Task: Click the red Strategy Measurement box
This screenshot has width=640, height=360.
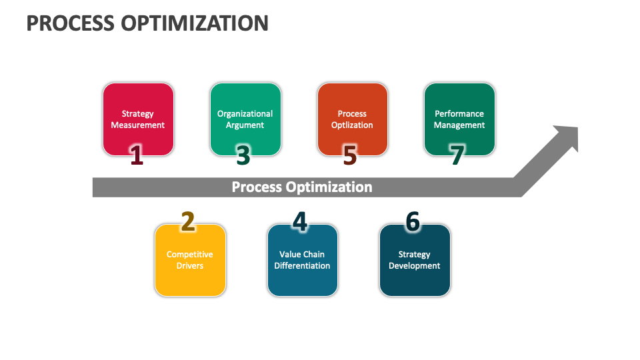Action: click(x=139, y=119)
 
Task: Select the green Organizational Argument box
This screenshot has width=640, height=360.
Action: click(x=246, y=119)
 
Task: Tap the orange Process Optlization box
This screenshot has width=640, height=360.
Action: click(x=353, y=119)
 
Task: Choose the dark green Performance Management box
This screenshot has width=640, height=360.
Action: click(x=459, y=119)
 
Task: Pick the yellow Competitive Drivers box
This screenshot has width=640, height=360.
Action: click(x=190, y=260)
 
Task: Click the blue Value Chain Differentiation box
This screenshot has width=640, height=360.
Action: click(x=303, y=260)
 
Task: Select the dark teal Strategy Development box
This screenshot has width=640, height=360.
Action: click(x=415, y=260)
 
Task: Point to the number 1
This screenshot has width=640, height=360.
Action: click(x=137, y=155)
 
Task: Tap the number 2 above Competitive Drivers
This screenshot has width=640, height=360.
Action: click(x=188, y=221)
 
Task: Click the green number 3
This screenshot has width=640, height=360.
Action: click(x=243, y=155)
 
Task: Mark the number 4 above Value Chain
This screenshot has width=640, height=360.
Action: click(x=300, y=221)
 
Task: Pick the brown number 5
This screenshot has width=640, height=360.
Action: click(x=350, y=155)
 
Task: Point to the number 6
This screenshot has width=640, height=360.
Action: click(x=413, y=221)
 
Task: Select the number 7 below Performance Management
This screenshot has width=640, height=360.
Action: click(x=457, y=155)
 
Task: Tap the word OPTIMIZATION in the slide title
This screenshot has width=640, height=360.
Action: click(x=195, y=23)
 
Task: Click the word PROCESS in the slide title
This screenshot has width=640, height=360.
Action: click(x=70, y=23)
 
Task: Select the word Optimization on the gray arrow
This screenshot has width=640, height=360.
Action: click(x=329, y=187)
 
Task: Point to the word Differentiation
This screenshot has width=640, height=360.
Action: click(x=302, y=266)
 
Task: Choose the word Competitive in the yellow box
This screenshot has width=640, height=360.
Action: click(x=190, y=254)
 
